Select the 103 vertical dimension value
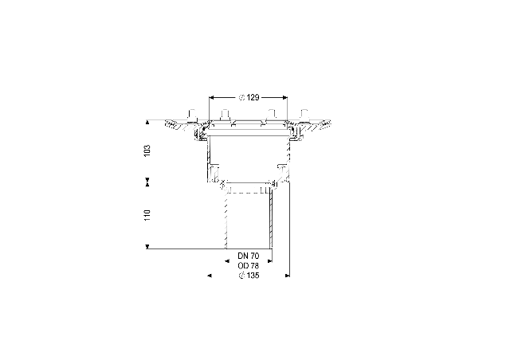147,151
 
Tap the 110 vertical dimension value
147,215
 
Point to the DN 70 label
249,256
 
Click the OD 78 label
249,266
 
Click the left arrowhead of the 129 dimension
210,97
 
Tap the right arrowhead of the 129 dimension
285,97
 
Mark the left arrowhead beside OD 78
227,260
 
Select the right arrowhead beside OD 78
269,260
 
